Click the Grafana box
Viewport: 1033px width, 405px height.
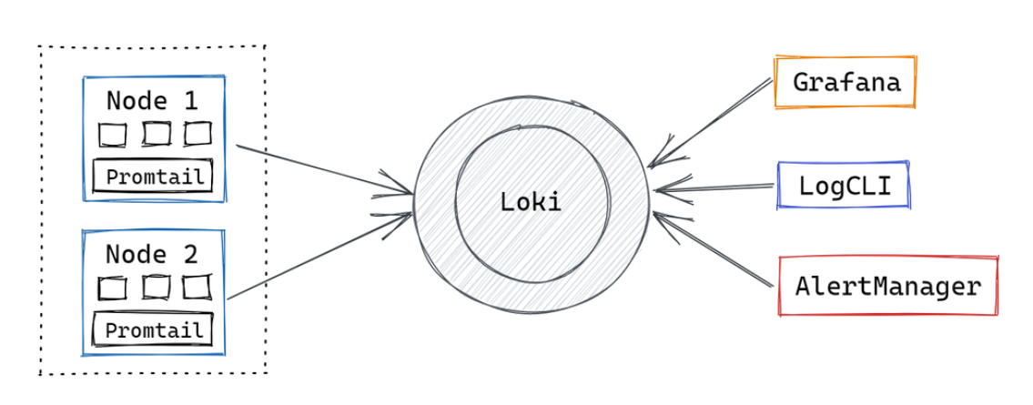click(x=846, y=83)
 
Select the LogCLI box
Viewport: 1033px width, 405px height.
click(x=845, y=186)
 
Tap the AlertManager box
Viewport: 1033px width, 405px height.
click(x=888, y=287)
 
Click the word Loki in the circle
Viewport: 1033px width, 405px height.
click(x=531, y=201)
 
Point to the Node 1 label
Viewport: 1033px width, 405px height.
click(x=152, y=100)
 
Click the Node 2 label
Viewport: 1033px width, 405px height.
click(x=152, y=253)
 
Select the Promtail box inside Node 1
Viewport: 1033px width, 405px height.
click(x=153, y=176)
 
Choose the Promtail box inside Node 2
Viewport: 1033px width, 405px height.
click(x=153, y=329)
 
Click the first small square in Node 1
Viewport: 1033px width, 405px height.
click(x=113, y=135)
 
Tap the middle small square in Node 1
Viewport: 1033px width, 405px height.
click(x=156, y=134)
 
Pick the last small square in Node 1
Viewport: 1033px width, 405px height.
click(x=197, y=134)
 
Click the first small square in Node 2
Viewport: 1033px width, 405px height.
click(x=113, y=289)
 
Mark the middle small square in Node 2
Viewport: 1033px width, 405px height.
click(x=156, y=288)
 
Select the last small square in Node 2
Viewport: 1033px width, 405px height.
click(x=197, y=288)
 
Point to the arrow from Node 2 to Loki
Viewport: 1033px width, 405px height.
click(x=319, y=257)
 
